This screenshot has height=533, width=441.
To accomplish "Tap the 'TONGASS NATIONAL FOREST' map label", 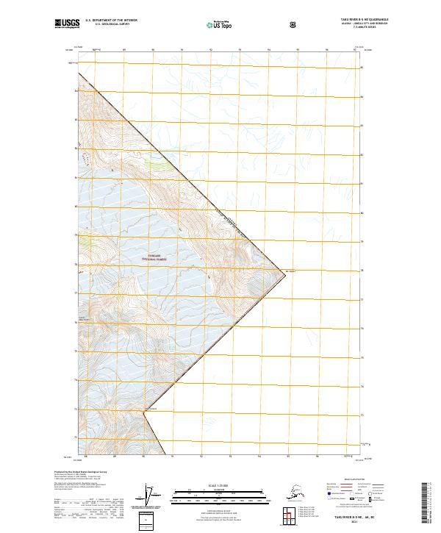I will [x=155, y=259].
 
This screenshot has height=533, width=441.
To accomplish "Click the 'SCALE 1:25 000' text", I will [x=220, y=483].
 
